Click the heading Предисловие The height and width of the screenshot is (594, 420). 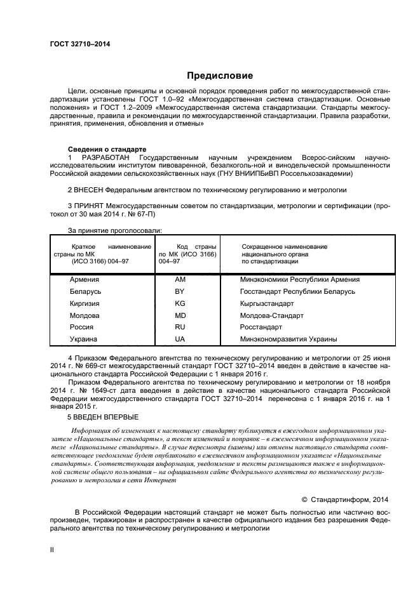tap(219, 76)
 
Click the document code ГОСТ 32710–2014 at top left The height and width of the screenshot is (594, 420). tap(79, 45)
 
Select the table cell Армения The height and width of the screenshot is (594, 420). tap(85, 279)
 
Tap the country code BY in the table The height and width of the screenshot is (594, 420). tap(180, 291)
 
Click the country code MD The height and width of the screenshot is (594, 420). tap(180, 315)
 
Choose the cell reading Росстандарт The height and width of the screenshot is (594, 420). tap(261, 327)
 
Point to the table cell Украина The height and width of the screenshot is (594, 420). tap(83, 339)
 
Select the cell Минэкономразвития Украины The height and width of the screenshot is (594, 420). tap(288, 339)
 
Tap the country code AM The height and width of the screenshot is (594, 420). tap(180, 279)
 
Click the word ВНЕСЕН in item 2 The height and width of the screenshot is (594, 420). tap(88, 189)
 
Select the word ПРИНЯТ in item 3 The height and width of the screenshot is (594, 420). tap(88, 206)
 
